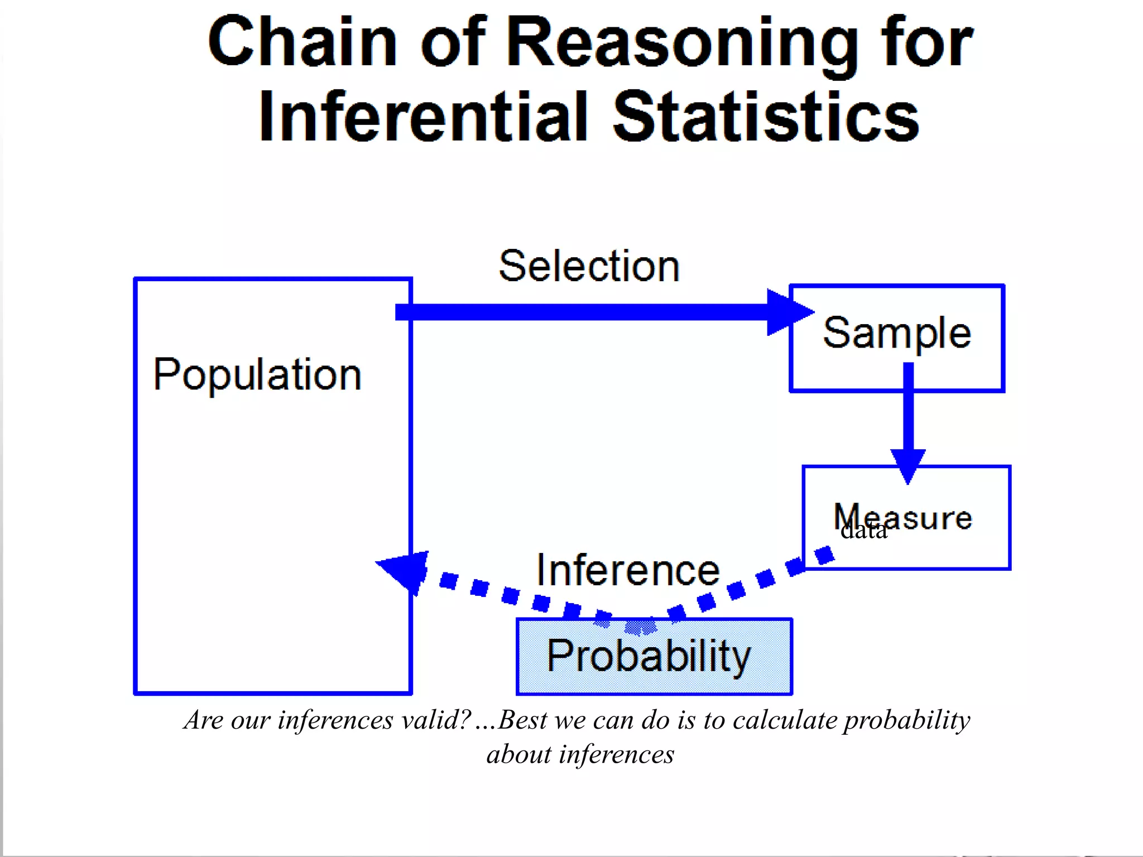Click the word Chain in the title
coord(302,42)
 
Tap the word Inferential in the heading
coord(424,117)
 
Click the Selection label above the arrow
coord(589,266)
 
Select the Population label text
coord(257,374)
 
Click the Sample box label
coord(897,333)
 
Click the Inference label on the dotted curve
coord(628,570)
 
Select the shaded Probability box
coord(654,657)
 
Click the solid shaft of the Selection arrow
coord(580,312)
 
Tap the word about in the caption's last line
coord(519,755)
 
